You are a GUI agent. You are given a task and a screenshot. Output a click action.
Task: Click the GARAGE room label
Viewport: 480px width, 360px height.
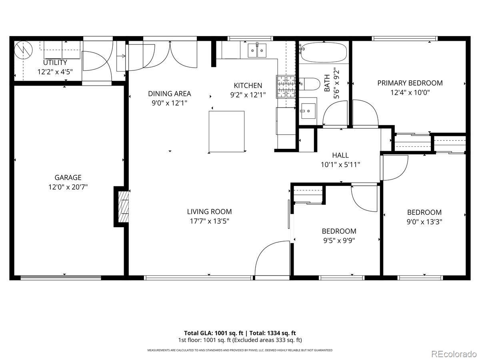point(68,178)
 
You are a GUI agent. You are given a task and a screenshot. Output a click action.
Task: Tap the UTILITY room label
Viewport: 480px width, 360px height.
point(55,62)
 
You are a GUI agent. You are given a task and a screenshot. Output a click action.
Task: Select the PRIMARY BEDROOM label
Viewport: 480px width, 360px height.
point(410,83)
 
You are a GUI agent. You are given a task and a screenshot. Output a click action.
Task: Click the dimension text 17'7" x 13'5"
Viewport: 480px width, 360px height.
point(209,221)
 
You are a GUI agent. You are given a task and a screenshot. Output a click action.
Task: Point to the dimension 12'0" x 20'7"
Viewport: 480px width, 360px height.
point(68,187)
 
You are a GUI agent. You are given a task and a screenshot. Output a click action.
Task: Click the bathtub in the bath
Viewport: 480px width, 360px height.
point(324,52)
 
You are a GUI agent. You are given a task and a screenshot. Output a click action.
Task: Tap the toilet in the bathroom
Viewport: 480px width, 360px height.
point(309,84)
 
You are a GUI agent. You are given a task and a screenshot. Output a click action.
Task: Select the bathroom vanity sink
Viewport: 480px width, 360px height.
point(308,111)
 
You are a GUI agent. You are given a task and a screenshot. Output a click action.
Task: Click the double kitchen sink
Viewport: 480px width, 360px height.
point(257,50)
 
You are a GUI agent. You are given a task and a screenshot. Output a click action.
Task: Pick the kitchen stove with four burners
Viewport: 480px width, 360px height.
point(286,86)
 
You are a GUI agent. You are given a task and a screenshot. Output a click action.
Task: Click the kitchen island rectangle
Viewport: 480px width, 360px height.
point(226,131)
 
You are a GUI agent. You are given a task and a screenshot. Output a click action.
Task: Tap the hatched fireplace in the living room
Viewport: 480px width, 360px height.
point(123,207)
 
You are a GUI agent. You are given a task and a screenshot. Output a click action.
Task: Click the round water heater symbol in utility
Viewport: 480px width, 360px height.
point(23,50)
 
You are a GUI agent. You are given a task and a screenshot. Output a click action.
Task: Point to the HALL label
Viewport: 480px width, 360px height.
point(340,155)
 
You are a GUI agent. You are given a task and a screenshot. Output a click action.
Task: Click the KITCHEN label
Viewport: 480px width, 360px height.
point(248,86)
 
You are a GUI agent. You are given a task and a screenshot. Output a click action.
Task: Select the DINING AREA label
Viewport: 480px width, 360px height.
point(170,94)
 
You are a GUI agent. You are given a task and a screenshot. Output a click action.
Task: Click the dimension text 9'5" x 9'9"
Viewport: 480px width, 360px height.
point(339,241)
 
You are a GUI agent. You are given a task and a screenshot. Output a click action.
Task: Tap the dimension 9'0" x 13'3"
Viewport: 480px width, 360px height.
point(424,222)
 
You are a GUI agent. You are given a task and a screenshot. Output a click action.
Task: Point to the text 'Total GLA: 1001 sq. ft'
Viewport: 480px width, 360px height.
point(214,333)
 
